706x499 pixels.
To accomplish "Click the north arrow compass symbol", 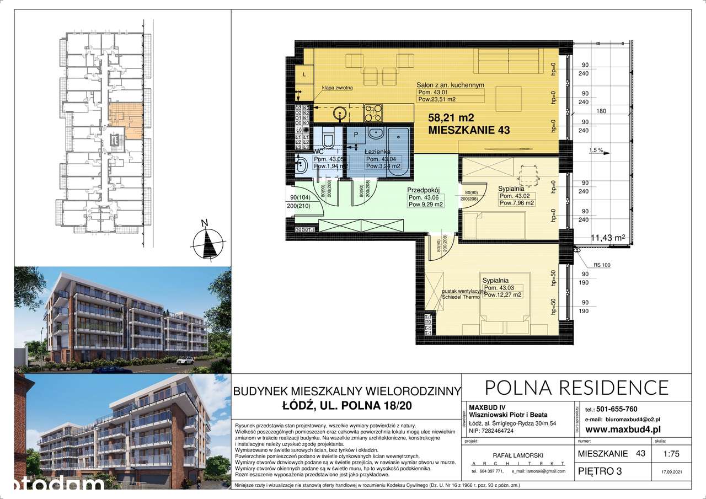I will click(x=207, y=241).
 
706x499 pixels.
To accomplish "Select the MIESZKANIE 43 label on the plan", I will click(x=469, y=131).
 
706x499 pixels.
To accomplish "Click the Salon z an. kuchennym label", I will click(x=450, y=85).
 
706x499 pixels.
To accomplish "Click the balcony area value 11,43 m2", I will click(x=607, y=238).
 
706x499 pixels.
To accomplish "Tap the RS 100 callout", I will click(x=602, y=265).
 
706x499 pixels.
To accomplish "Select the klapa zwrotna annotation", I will click(x=338, y=88).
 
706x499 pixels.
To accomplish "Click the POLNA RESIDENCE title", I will click(x=576, y=388).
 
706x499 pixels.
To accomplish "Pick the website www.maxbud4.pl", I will click(x=623, y=429).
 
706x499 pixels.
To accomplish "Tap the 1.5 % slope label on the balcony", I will click(x=596, y=150).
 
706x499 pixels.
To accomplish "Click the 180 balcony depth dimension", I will click(x=601, y=111).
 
